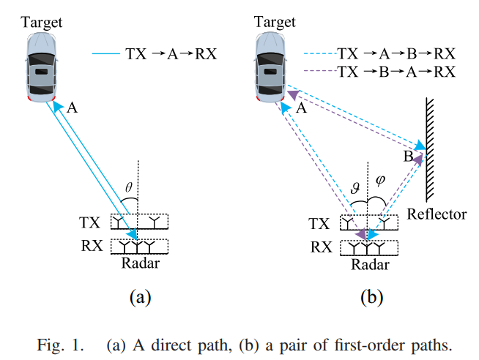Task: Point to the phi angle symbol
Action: coord(380,179)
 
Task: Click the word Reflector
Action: coord(437,214)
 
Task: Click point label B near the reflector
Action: coord(407,157)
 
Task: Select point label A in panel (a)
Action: coord(72,108)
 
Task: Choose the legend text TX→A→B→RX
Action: coord(396,53)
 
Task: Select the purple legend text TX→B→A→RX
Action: coord(396,72)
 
